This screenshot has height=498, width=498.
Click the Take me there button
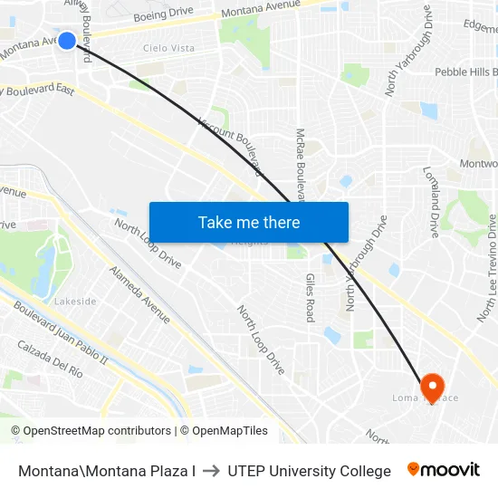[249, 222]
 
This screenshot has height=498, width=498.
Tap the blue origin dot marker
[67, 41]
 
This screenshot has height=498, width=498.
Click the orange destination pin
[431, 388]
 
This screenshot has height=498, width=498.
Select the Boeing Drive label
[163, 15]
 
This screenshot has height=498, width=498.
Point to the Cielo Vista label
[168, 48]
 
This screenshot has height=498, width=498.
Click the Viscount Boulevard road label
[230, 146]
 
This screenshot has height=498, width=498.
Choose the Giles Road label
[310, 298]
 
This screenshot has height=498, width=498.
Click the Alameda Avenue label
[139, 294]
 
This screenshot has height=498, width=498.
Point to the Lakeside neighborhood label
[75, 302]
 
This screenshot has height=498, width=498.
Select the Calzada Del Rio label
[50, 359]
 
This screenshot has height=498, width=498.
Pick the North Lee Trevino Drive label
[487, 268]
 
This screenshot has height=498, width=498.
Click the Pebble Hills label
[465, 72]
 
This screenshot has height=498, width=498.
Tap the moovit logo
[444, 470]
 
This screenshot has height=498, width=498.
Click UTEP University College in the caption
[310, 471]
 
